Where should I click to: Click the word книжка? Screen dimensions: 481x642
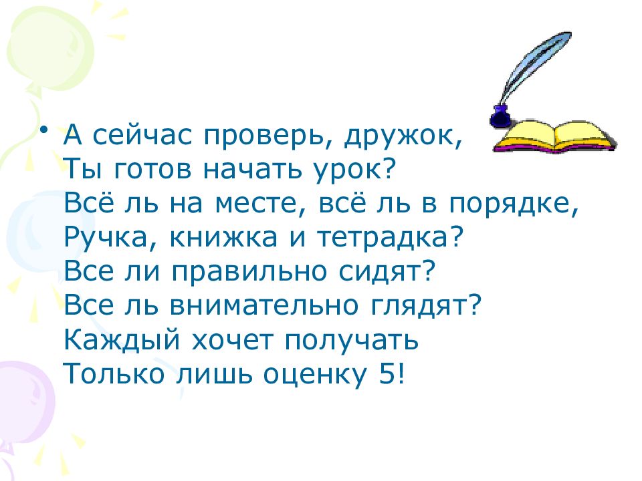pyautogui.click(x=248, y=238)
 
